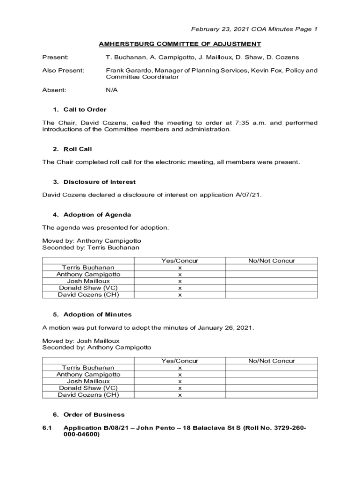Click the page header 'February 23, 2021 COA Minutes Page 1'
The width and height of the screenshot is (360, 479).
(254, 29)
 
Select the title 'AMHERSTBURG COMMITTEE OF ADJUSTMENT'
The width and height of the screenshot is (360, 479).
(180, 44)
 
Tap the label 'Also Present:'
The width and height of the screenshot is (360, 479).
(64, 71)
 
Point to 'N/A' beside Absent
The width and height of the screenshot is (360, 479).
(112, 90)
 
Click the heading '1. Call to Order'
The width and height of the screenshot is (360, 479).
(79, 109)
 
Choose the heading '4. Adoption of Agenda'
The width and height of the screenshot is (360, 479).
(92, 215)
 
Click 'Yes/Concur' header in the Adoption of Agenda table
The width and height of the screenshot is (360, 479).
(180, 261)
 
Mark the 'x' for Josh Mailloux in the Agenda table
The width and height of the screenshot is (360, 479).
(180, 282)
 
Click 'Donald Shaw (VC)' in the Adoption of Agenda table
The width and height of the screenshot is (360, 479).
(88, 288)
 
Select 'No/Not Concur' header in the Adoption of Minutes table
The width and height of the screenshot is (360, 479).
(272, 361)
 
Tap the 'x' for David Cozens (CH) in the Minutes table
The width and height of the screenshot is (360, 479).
(180, 395)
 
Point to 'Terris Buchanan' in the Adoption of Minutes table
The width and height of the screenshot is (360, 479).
(88, 368)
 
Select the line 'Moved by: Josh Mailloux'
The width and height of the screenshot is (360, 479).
(81, 341)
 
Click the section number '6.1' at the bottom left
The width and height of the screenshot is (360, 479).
(48, 428)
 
